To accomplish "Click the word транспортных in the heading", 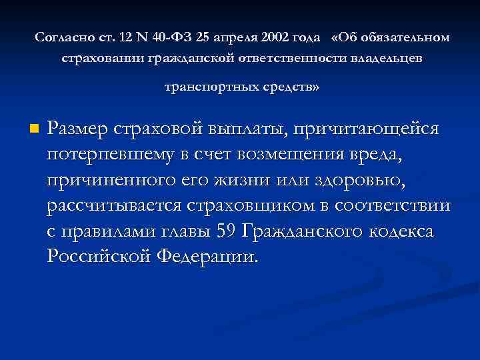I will [x=207, y=87].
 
